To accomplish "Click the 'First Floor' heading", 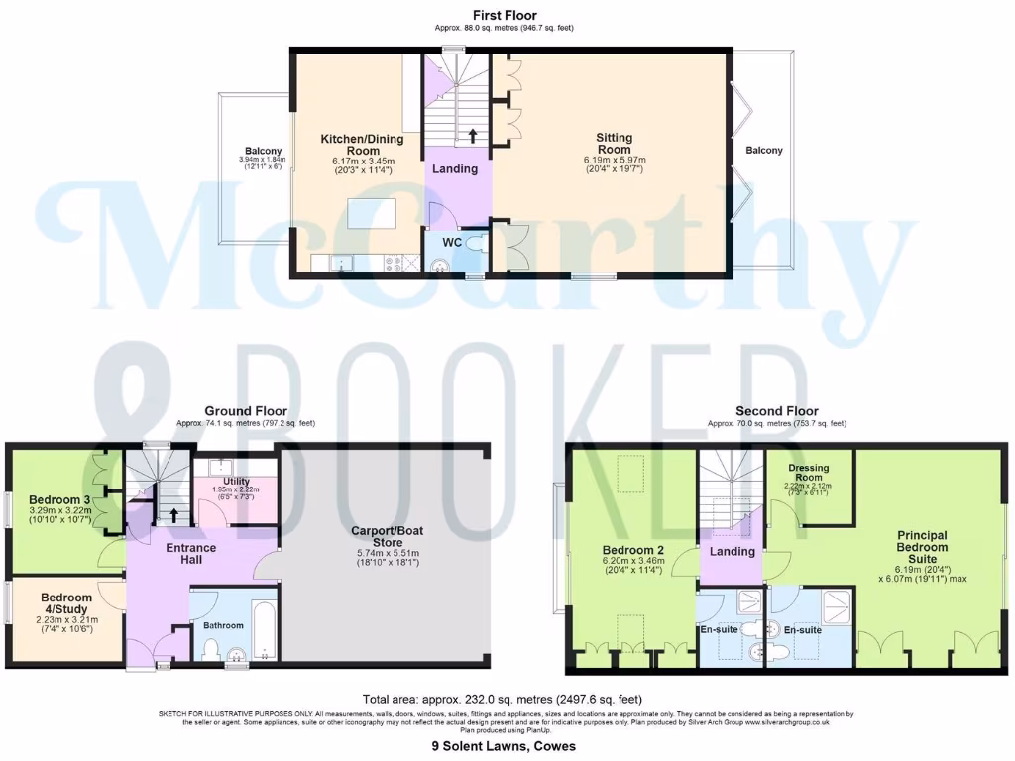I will (x=506, y=16).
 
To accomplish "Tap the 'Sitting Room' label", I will (x=615, y=145).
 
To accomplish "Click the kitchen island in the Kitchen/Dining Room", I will (x=371, y=213).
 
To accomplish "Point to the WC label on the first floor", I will (x=452, y=243).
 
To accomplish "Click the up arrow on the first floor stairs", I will (x=472, y=135).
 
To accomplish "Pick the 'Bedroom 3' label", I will (x=60, y=498).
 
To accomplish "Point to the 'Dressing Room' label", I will (x=809, y=472).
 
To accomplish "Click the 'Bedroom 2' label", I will (x=633, y=550).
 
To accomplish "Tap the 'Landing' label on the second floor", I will (x=733, y=551).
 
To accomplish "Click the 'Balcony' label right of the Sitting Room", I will (x=763, y=151).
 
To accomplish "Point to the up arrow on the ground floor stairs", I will (x=175, y=514).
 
